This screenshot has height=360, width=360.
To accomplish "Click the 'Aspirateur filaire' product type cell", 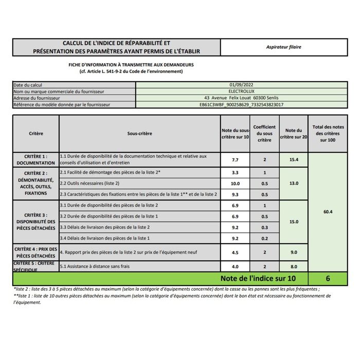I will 284,47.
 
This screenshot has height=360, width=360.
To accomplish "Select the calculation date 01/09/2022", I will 241,85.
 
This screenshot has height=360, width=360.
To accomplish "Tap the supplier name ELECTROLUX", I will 241,92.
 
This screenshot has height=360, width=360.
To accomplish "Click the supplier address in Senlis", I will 241,98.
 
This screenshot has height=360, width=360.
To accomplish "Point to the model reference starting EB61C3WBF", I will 241,104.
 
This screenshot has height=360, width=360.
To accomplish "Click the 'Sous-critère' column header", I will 139,133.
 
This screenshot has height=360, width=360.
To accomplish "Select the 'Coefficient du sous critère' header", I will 264,133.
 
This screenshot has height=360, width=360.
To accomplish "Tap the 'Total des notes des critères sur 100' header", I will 328,133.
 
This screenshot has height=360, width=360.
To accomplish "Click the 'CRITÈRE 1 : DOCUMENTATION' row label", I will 35,159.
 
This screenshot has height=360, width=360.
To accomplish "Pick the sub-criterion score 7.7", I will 235,160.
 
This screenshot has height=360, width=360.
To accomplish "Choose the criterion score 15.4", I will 294,160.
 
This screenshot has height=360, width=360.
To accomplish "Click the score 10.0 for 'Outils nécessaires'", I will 235,184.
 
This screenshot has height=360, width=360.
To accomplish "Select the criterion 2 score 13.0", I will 294,184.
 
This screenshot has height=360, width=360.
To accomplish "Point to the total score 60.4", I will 328,212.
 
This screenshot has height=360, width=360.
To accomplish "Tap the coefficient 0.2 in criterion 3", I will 264,238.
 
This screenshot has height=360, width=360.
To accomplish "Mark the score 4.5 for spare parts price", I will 235,253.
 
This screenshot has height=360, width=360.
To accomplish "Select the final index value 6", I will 328,279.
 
